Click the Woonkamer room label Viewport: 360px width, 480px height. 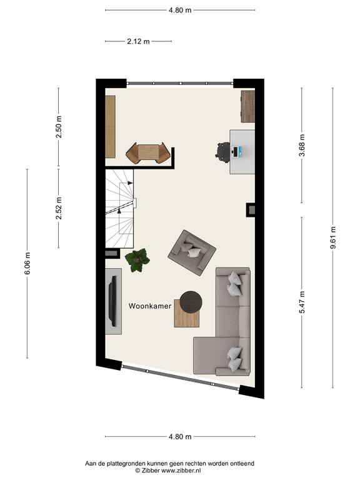pos(150,306)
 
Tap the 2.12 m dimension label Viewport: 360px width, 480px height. pos(138,41)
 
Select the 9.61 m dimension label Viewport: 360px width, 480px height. pos(333,238)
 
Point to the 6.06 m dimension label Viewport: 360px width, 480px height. pos(27,263)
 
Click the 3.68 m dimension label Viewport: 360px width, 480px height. pos(302,146)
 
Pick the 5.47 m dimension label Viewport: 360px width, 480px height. pos(302,302)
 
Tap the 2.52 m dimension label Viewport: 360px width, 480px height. pos(59,208)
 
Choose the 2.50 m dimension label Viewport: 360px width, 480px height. pos(59,127)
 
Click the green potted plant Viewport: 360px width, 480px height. pos(137,260)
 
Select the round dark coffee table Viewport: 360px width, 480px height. pos(191,302)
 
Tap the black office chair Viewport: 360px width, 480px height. pos(223,152)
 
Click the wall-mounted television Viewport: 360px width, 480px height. pos(112,301)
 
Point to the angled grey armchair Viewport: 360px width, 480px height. pos(192,252)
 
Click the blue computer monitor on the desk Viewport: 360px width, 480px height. pos(241,151)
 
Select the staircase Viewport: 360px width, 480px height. pos(120,209)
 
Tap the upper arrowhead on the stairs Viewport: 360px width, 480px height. pos(130,182)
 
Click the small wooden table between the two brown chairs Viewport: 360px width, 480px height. pos(148,152)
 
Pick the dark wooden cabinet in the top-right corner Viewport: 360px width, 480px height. pos(248,106)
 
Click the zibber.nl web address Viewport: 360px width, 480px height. pos(181,471)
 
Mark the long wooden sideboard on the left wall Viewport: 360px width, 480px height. pos(110,127)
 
